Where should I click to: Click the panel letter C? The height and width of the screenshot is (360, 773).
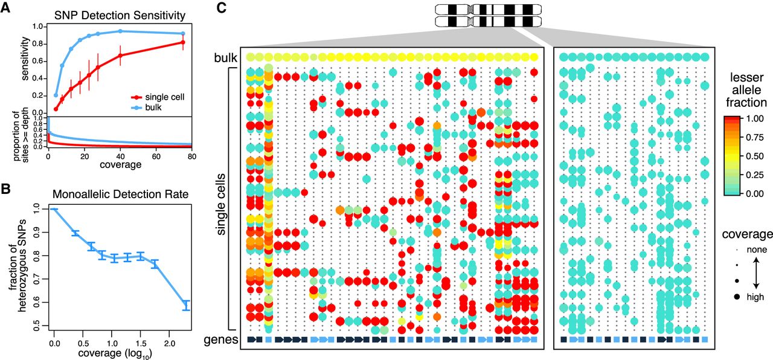pos(222,8)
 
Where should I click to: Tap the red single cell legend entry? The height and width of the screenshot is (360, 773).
pos(159,97)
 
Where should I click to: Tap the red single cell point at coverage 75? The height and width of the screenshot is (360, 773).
pos(183,42)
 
